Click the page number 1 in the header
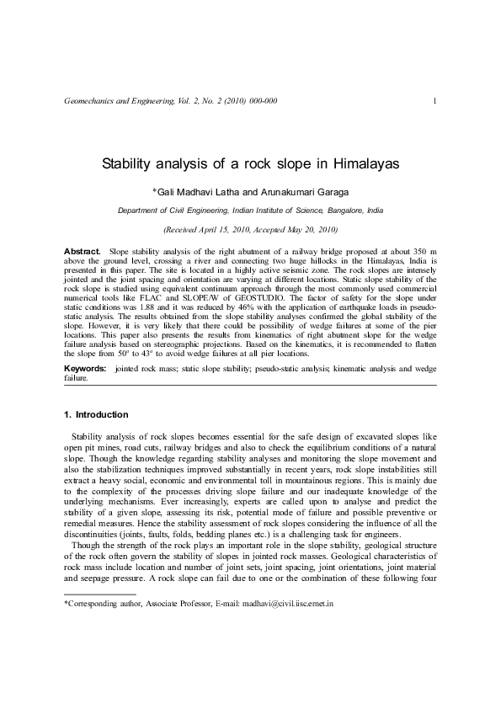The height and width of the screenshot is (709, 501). click(433, 102)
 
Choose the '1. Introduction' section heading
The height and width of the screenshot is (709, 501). click(96, 415)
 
